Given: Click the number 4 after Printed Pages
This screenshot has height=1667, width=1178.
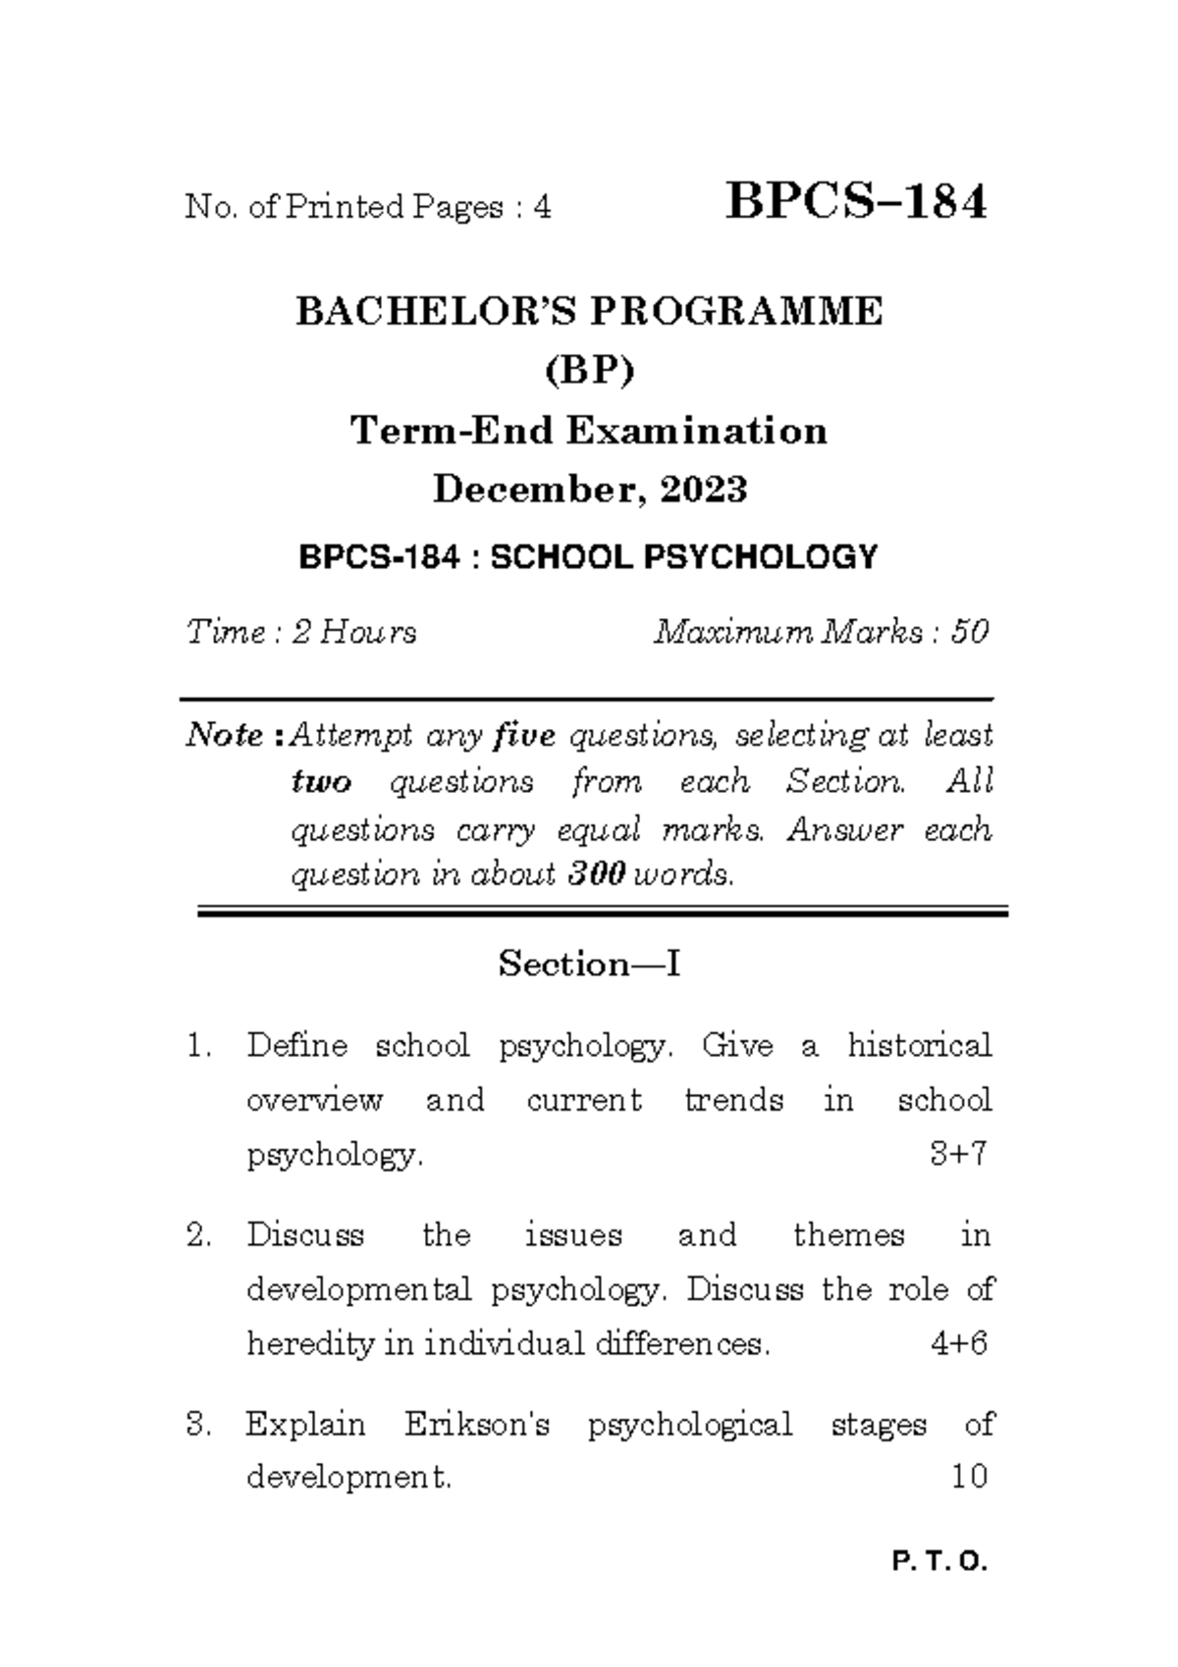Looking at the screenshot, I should pos(541,207).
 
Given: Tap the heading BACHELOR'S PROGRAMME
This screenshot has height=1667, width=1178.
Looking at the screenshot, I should pos(589,311).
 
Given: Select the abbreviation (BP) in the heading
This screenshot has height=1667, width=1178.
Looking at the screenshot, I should pos(590,371).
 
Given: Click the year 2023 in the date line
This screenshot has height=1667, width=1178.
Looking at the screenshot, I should pos(704,489).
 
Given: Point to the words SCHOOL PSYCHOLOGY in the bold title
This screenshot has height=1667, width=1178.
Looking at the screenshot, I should pos(683,557).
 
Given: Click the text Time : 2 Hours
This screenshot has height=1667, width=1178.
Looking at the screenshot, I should pos(301,632).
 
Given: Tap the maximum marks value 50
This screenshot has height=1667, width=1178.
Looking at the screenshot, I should pos(969,632).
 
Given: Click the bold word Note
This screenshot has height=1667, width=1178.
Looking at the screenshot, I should pos(226,735).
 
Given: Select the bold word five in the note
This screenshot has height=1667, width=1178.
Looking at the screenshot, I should pos(525,735).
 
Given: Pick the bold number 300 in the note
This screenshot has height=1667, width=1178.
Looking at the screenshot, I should pos(597,874).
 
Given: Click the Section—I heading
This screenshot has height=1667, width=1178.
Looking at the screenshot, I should pos(589,964).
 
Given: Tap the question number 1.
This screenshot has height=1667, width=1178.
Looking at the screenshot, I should pos(197,1046).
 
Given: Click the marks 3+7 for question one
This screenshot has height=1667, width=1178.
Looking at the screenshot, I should pos(957,1154).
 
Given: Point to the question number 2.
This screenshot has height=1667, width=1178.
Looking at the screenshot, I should pos(198,1234).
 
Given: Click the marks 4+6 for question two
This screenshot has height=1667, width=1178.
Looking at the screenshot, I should pos(958,1343).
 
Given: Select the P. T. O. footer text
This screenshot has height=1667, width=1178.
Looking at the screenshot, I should pos(939,1562).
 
